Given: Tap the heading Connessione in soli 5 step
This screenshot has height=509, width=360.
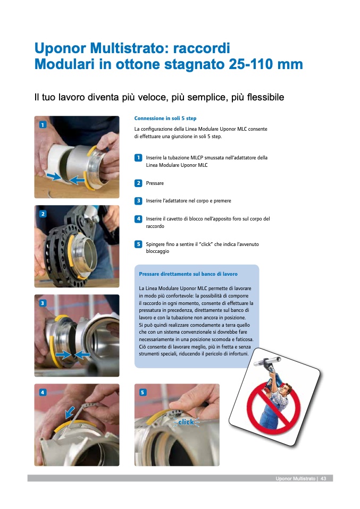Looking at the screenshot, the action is point(165,118).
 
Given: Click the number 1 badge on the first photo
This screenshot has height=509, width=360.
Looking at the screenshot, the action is point(43,125).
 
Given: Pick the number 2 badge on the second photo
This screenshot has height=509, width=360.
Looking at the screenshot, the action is point(43,214).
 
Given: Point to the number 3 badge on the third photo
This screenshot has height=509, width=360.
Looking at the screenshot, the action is point(43,303).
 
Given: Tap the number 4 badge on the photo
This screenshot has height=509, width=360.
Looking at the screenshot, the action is point(43,393).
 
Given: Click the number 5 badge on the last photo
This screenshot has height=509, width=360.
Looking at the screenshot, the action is point(143,393).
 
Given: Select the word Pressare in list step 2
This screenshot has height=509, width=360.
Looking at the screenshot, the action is point(155,183).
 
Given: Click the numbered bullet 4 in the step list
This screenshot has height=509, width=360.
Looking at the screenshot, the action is point(138,219).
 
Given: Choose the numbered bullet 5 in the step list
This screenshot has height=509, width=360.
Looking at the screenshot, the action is point(138,244).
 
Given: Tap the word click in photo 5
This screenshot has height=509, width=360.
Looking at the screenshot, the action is point(186,422).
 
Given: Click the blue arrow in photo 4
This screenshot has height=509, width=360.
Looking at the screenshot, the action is point(70,412).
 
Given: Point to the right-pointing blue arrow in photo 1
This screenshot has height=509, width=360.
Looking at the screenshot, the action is point(54,176).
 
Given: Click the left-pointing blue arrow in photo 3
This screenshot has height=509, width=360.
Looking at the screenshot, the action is point(82,354).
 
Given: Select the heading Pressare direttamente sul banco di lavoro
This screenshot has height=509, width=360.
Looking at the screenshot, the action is point(188,274).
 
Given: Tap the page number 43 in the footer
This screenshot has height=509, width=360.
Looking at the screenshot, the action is point(323,479).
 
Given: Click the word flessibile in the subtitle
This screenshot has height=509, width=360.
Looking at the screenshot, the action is point(265,97).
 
